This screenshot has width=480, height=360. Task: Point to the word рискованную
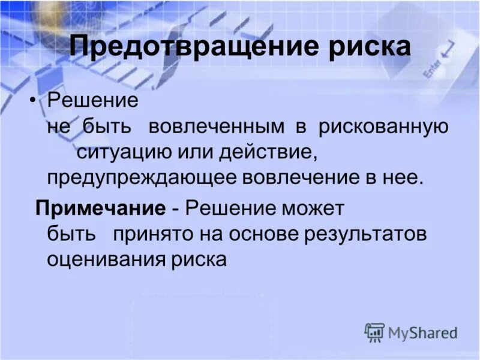[383, 127]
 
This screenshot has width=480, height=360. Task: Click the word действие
[260, 152]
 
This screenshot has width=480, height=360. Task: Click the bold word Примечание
[100, 209]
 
